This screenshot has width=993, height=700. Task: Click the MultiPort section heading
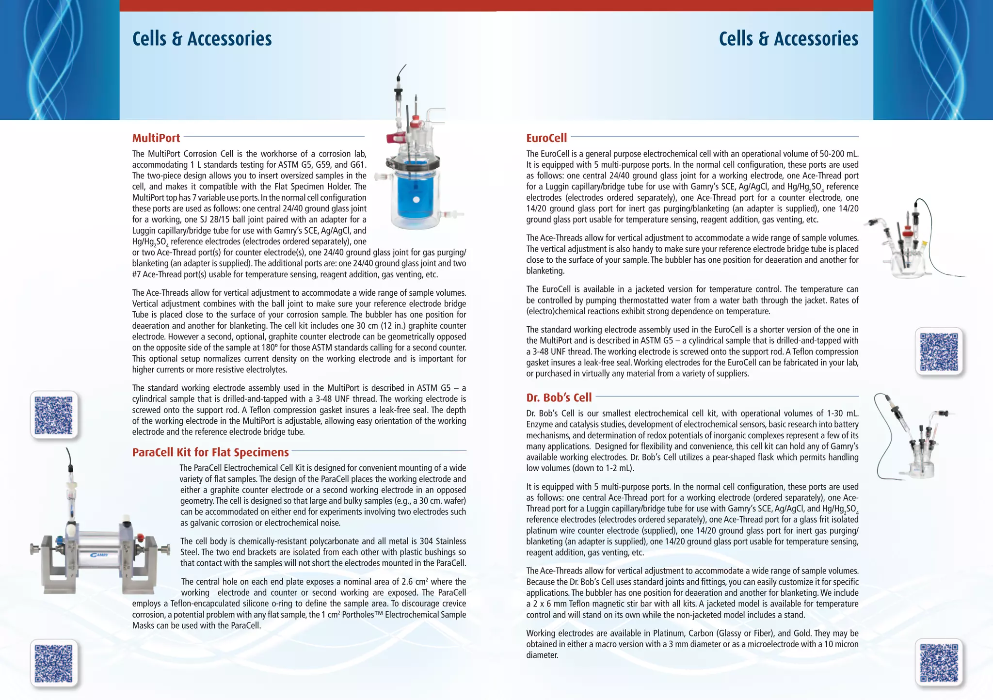tap(156, 138)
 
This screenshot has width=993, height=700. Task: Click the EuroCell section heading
tap(546, 138)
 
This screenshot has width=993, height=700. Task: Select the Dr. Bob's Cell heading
tap(559, 398)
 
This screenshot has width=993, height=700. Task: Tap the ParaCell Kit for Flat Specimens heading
tap(210, 452)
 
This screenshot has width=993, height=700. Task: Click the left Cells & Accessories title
tap(202, 39)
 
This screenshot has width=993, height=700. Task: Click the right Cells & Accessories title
tap(788, 39)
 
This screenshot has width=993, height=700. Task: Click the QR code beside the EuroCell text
tap(939, 352)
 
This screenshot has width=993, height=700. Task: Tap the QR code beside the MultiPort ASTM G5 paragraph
tap(54, 415)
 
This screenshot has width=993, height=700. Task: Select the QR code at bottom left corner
tap(54, 664)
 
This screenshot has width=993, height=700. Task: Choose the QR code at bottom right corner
tap(939, 663)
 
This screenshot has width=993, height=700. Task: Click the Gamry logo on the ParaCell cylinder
tap(99, 555)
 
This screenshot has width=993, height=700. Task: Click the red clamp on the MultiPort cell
tap(395, 139)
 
